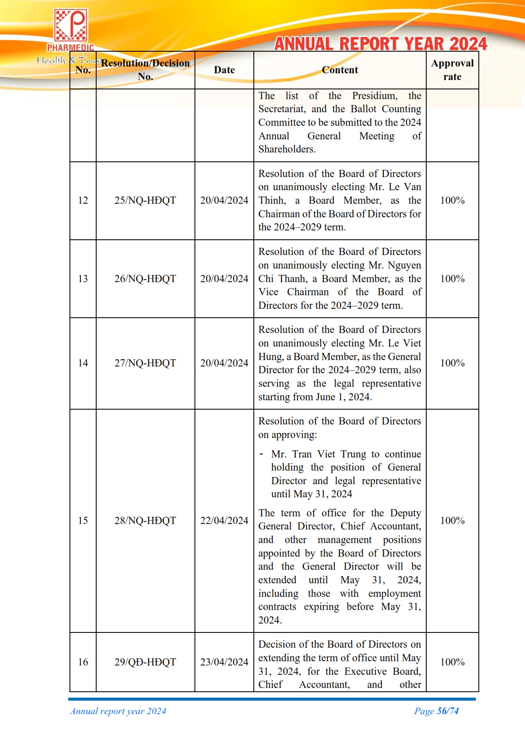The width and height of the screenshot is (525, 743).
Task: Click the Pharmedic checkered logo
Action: coord(70,26)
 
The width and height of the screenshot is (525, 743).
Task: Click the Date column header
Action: coord(224,70)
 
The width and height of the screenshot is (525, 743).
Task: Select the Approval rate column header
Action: coord(452,70)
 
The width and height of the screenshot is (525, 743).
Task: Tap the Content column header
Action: coord(340,70)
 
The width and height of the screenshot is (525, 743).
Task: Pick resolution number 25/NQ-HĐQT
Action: coord(145,200)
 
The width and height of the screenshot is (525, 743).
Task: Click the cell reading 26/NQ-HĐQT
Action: coord(145,279)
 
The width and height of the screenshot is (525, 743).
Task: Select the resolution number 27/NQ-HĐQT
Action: coord(145,363)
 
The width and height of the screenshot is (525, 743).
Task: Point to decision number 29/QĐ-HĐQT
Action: coord(145,662)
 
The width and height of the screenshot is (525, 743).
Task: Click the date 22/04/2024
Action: coord(224,521)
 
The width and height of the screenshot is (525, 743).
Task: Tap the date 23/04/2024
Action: coord(224,662)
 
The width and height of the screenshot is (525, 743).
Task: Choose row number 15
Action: coord(83,521)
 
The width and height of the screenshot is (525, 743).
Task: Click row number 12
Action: coord(83,200)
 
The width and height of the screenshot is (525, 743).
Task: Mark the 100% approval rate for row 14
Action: coord(452,363)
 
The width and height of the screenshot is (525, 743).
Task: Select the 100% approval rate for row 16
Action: coord(452,662)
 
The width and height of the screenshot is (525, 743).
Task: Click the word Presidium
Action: coord(375,96)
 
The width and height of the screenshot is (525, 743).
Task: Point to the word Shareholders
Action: coord(286,149)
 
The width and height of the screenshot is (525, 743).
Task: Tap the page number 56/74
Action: coord(447,711)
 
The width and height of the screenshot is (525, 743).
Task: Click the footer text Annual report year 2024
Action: coord(118,711)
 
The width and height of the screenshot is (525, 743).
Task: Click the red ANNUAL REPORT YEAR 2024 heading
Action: coord(381,44)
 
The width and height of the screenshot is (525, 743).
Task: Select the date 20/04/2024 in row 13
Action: coord(224,279)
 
